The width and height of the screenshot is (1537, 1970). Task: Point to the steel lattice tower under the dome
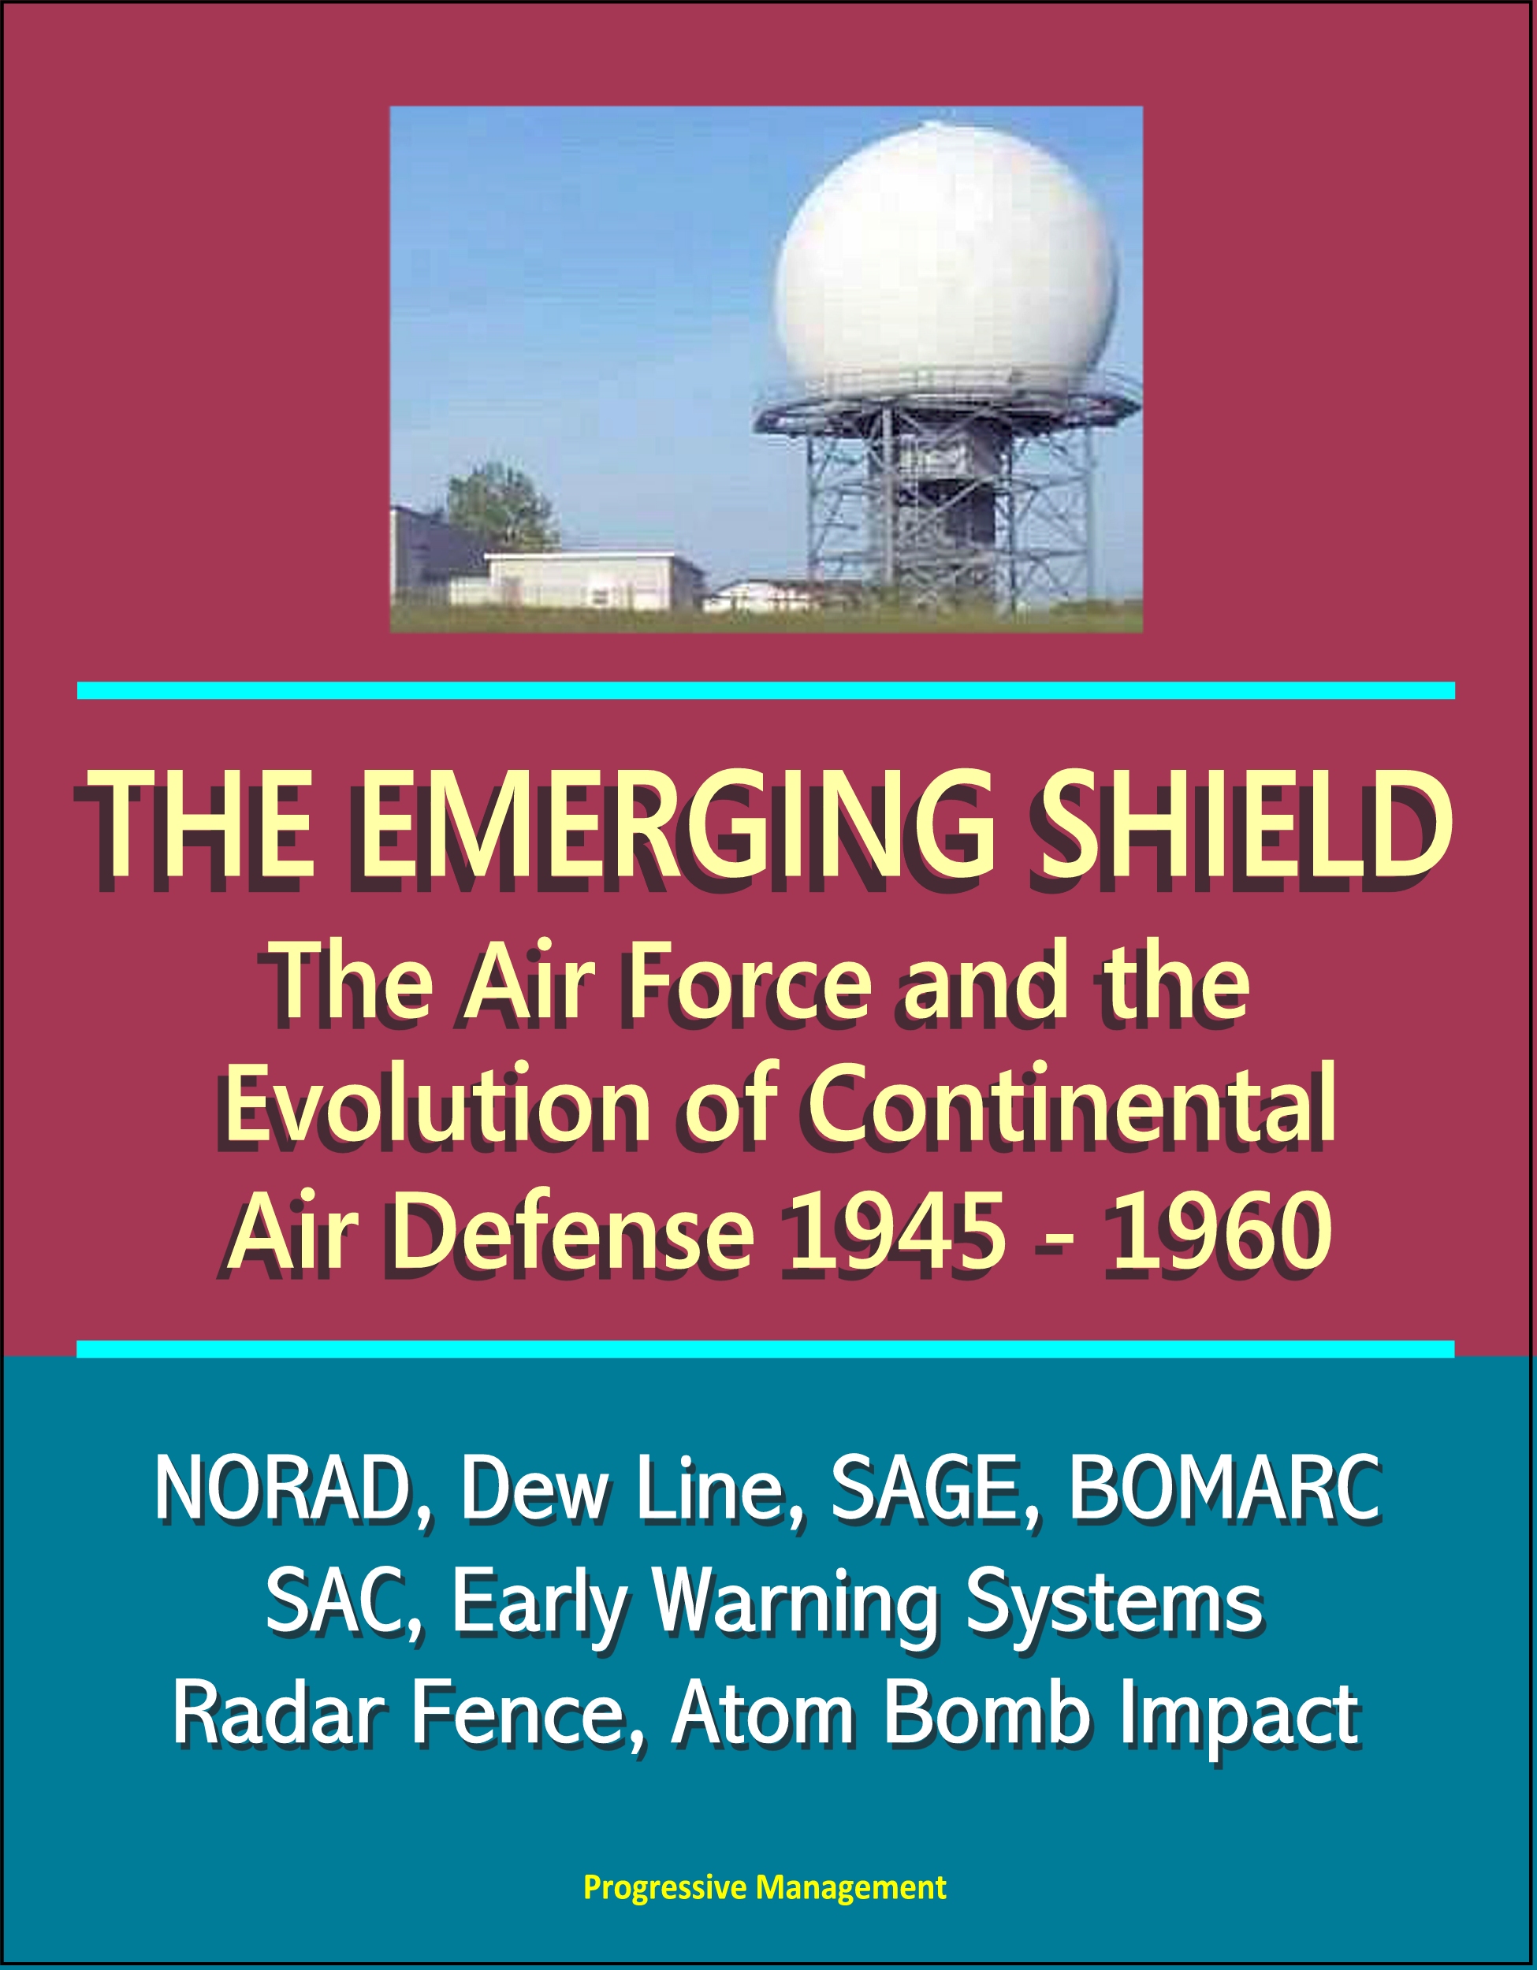[947, 505]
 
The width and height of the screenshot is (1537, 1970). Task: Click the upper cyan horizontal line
[766, 690]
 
